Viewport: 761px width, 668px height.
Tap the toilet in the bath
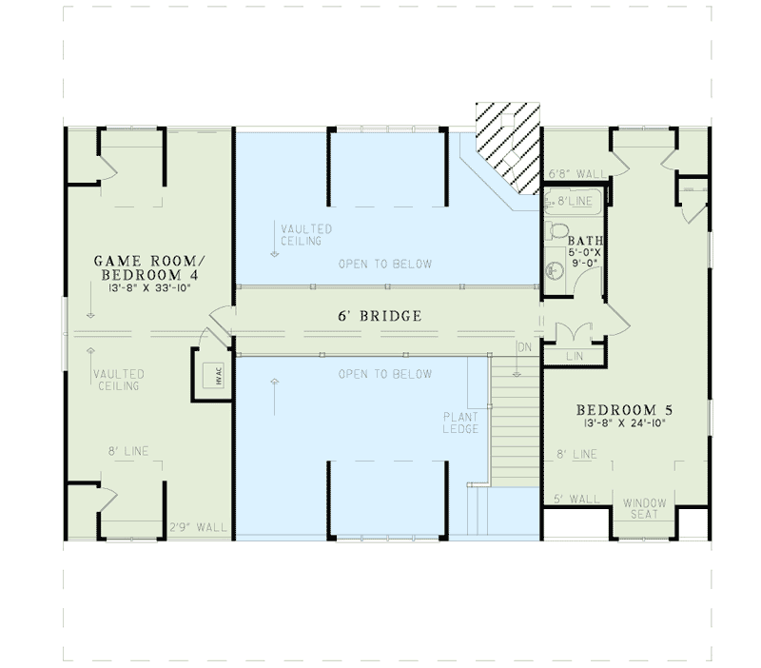558,230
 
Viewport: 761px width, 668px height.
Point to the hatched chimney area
509,143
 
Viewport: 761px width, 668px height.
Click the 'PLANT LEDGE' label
461,423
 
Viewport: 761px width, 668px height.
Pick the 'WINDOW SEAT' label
645,508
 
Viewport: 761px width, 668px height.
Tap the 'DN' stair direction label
522,346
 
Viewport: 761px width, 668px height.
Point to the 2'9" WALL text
198,528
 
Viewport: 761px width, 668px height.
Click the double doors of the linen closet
574,333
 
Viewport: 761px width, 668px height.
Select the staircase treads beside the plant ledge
516,419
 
